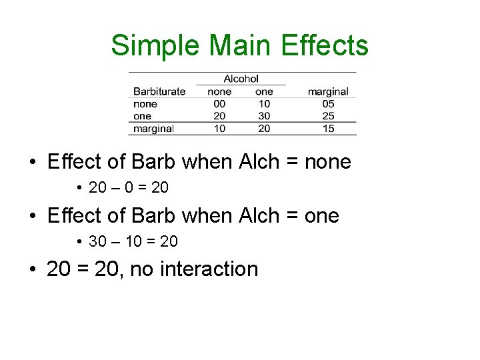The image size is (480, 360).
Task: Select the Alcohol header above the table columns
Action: click(x=241, y=79)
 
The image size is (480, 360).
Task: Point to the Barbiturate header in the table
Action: click(x=159, y=91)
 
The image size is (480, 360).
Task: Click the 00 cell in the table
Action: click(x=219, y=104)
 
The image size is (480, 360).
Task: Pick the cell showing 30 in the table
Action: click(x=264, y=116)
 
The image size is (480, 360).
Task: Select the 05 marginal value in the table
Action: click(x=328, y=104)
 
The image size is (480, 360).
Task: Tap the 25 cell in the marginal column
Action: click(x=328, y=116)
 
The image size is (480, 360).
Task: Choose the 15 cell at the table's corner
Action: click(x=328, y=128)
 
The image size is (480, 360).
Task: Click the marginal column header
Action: click(x=328, y=91)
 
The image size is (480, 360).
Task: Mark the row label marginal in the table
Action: click(x=153, y=128)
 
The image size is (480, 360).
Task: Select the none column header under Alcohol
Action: click(x=219, y=91)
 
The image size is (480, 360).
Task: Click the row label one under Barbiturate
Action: click(x=142, y=116)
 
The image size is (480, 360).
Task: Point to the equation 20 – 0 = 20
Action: click(x=129, y=188)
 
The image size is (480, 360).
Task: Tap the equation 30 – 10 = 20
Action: click(x=133, y=241)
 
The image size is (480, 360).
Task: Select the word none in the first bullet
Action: click(x=328, y=162)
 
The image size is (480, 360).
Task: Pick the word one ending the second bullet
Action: click(x=322, y=216)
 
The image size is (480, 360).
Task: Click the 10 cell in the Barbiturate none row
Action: click(x=264, y=104)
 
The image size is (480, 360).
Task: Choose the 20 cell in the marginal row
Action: click(x=264, y=128)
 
